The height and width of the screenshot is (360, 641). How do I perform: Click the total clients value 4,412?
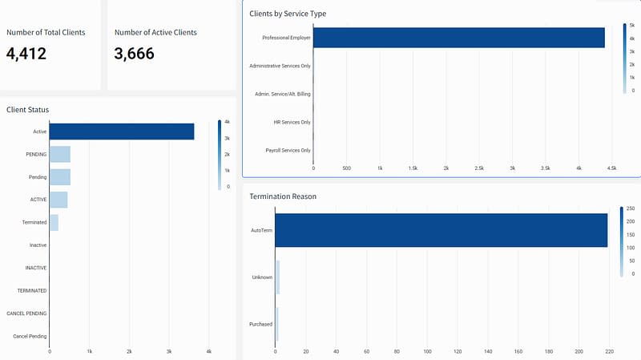click(x=26, y=54)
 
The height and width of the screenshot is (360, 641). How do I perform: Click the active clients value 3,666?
click(x=135, y=54)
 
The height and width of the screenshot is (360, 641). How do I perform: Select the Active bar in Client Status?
click(x=122, y=131)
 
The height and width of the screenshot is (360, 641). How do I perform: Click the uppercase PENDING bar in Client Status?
click(x=60, y=154)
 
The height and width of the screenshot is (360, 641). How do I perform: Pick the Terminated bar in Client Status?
click(x=54, y=222)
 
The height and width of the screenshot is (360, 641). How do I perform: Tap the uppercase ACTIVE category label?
click(x=38, y=200)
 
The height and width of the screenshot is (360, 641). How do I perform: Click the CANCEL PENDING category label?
click(x=26, y=313)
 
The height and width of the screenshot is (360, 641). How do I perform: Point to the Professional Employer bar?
click(x=458, y=38)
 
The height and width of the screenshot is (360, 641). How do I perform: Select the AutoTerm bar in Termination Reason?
click(x=441, y=230)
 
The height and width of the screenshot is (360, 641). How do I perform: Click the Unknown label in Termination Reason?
click(x=262, y=277)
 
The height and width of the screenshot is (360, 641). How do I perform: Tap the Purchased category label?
click(x=261, y=325)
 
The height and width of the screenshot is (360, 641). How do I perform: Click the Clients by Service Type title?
click(x=288, y=14)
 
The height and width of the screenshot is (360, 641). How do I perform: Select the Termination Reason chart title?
click(x=283, y=196)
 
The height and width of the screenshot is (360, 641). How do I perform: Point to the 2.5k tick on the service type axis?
click(x=479, y=168)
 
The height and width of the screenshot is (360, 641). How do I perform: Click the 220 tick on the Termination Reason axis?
click(x=609, y=351)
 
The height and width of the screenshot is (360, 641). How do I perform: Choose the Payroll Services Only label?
click(x=288, y=150)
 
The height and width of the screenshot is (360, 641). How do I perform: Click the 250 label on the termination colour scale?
click(x=631, y=208)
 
